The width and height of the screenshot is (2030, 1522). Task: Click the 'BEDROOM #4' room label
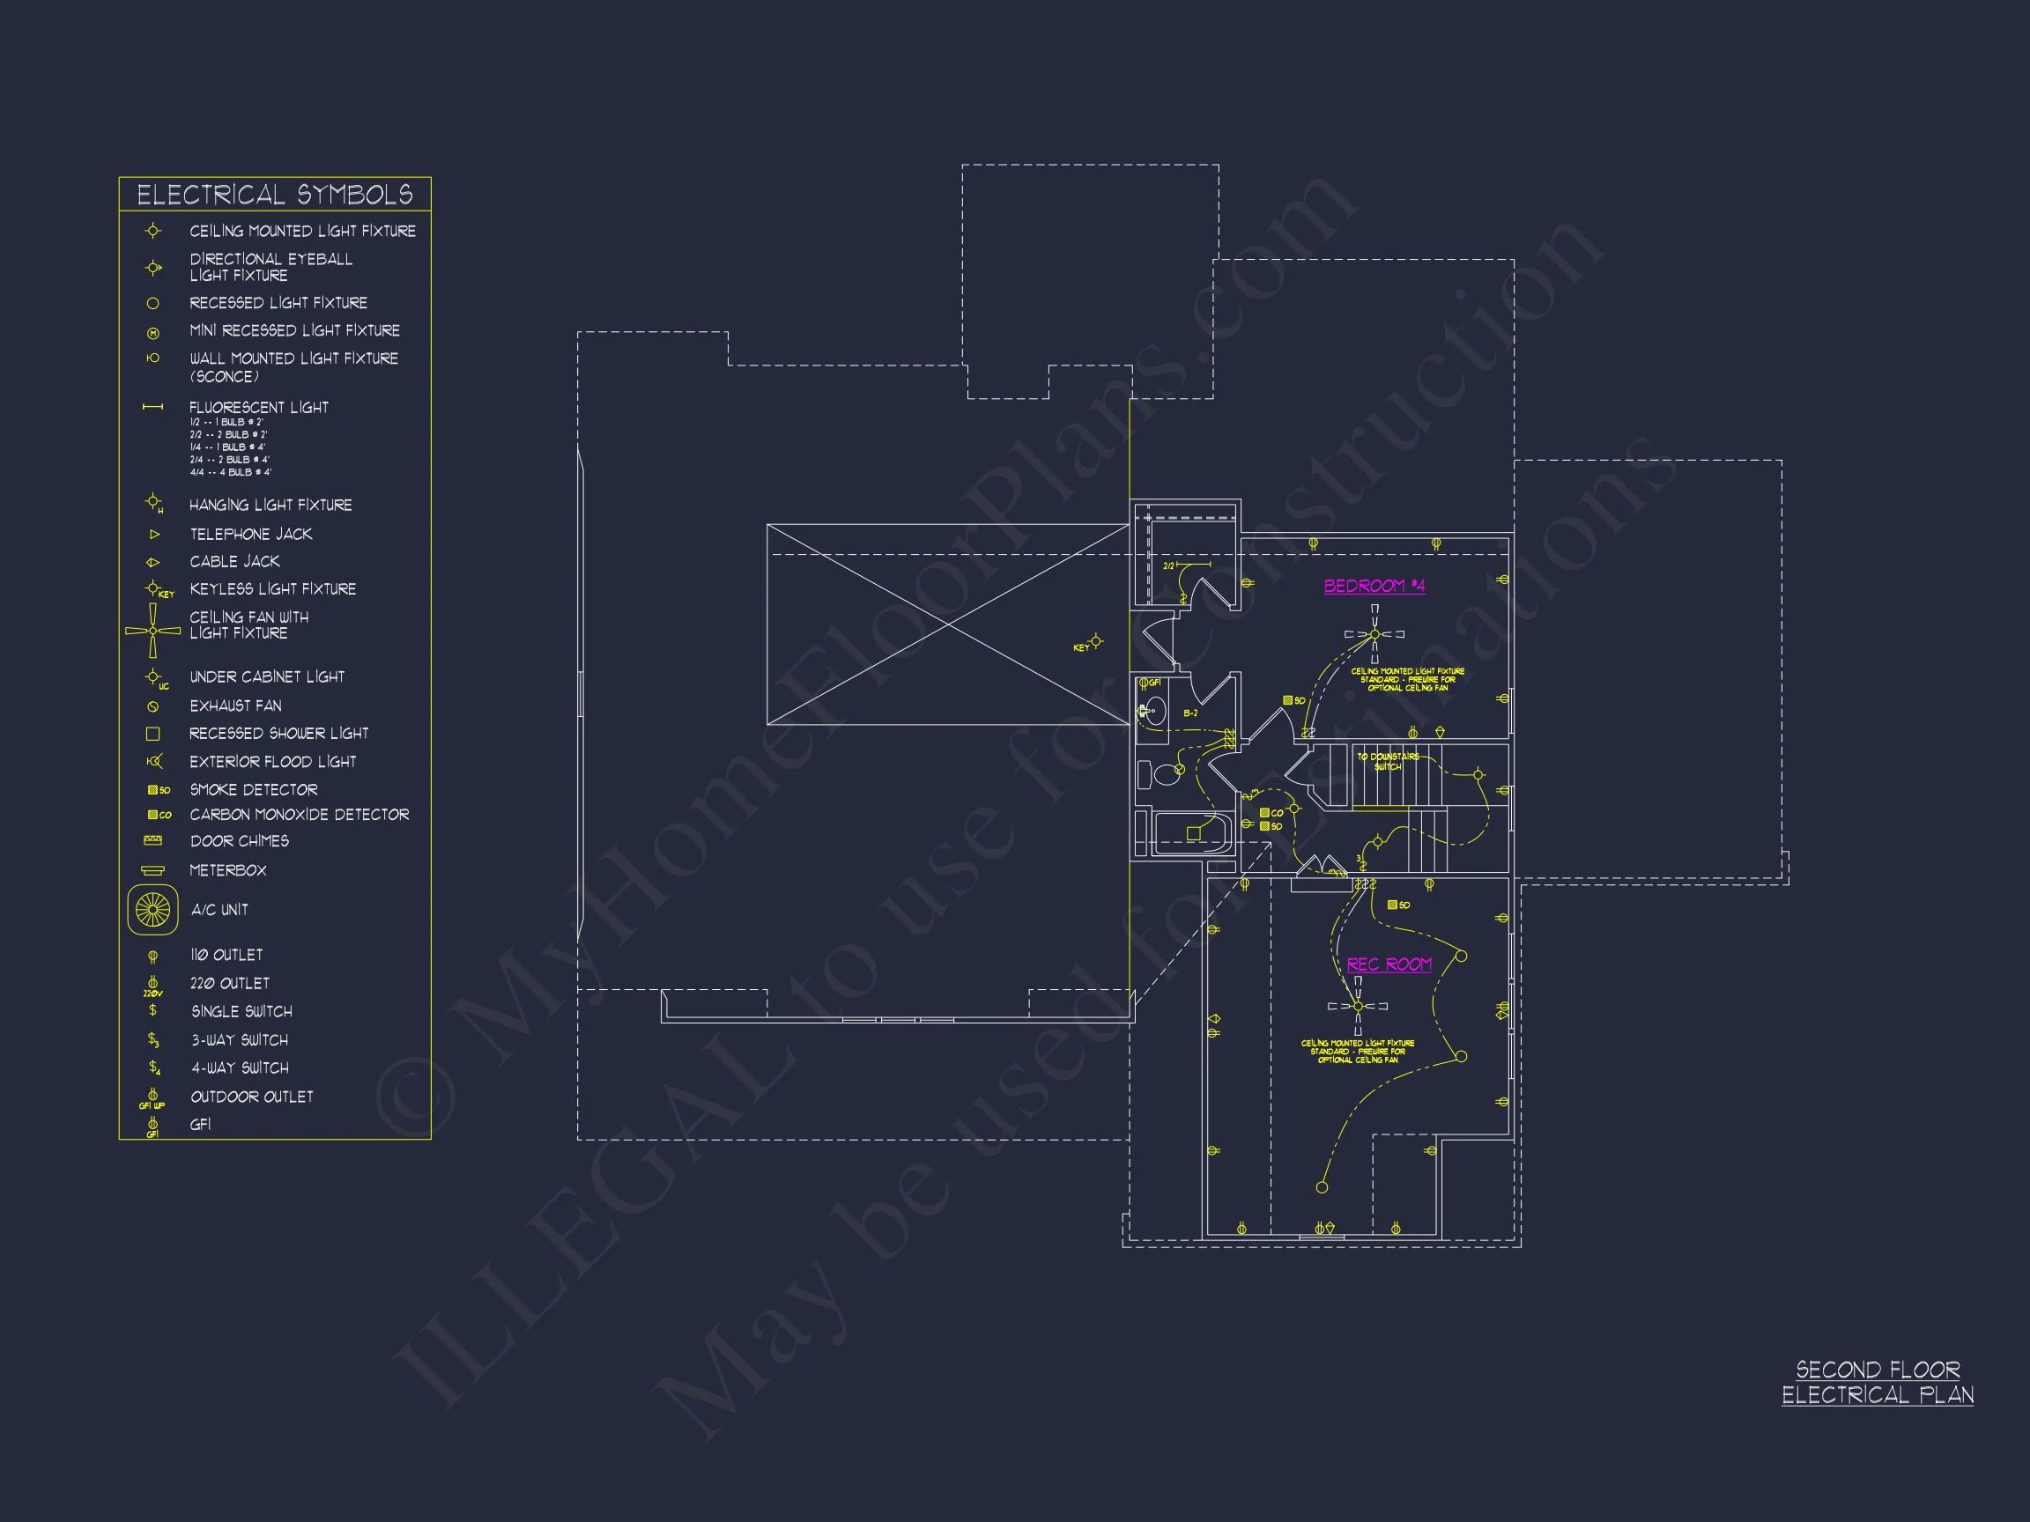1374,587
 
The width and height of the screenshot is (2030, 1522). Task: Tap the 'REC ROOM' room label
1389,964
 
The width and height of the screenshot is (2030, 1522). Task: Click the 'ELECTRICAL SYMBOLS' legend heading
274,195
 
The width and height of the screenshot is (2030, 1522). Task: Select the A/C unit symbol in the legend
152,910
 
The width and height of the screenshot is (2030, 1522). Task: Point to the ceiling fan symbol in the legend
152,631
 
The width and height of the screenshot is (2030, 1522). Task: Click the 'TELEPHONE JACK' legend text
250,534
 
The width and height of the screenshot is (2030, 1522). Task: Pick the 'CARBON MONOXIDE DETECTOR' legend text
300,815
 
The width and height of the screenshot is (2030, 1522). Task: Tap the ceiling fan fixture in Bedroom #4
1374,634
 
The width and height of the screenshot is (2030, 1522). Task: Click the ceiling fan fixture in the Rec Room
1359,1007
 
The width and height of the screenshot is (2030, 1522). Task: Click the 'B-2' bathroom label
1190,713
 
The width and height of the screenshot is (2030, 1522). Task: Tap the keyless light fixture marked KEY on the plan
1095,641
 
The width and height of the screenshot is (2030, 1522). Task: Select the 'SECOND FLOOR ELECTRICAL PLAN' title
1877,1383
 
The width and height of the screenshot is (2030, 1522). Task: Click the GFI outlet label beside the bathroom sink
1153,683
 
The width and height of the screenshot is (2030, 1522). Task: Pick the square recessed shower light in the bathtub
1193,834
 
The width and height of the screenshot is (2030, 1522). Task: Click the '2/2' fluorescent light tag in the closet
1169,566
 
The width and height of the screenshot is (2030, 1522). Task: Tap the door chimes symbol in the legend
152,840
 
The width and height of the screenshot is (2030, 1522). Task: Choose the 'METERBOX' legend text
227,869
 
